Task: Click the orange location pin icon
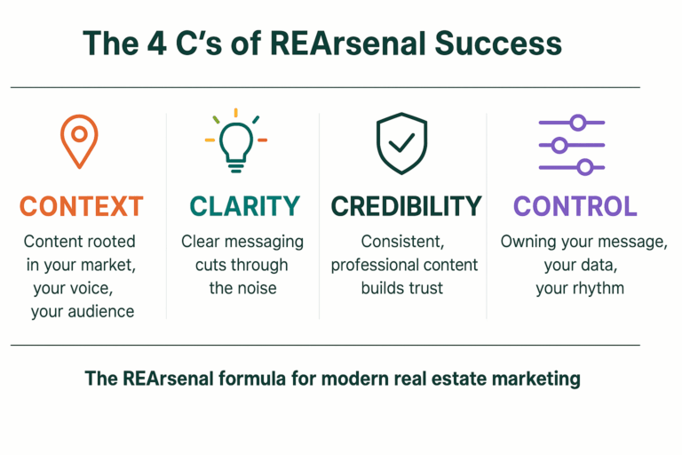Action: coord(78,140)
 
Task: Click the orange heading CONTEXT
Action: coord(81,206)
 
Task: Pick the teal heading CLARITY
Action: coord(244,206)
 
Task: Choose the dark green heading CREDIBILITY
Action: coord(406,206)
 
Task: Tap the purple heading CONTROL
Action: coord(575,206)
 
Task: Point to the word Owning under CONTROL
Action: coord(527,241)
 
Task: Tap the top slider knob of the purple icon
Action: coord(578,122)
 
